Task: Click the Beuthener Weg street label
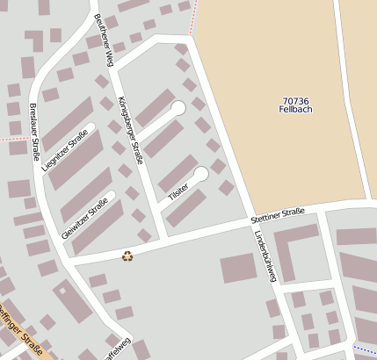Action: [104, 40]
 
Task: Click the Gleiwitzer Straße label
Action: [85, 218]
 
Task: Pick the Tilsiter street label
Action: [179, 191]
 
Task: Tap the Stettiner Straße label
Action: [277, 212]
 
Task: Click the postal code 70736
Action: [295, 101]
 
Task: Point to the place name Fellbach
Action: [295, 112]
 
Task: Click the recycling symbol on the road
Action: [127, 256]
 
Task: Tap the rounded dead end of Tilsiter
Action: [202, 173]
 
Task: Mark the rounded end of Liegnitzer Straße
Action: [91, 126]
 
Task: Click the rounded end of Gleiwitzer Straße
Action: [112, 194]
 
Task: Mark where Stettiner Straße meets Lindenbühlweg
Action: [250, 224]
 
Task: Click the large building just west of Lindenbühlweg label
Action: [237, 268]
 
